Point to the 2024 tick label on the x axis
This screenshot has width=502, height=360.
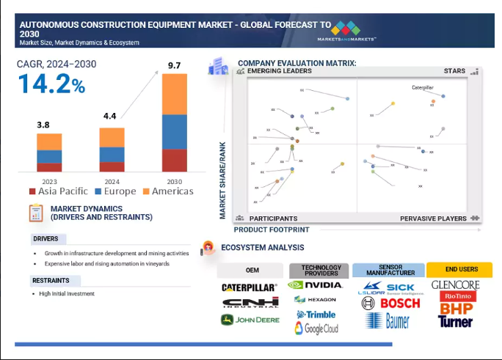pos(112,180)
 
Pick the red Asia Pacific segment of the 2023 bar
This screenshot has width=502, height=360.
pos(49,167)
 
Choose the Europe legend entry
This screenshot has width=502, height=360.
pos(114,191)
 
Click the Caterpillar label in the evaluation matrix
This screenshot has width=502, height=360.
pos(423,87)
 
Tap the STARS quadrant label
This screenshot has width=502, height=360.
pos(454,71)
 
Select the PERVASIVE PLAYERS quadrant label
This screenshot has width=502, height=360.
pos(433,218)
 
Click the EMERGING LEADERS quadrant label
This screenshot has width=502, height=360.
pos(279,71)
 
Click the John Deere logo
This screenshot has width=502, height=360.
pos(250,320)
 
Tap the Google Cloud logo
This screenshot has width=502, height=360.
pos(316,328)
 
